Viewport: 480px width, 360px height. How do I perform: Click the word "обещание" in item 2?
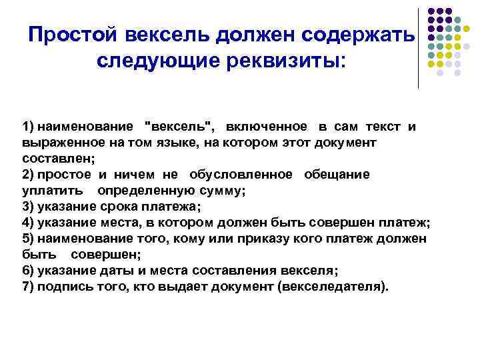click(337, 175)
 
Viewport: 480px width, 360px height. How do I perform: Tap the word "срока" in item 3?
click(118, 207)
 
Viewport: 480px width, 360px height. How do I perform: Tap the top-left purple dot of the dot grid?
click(431, 11)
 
